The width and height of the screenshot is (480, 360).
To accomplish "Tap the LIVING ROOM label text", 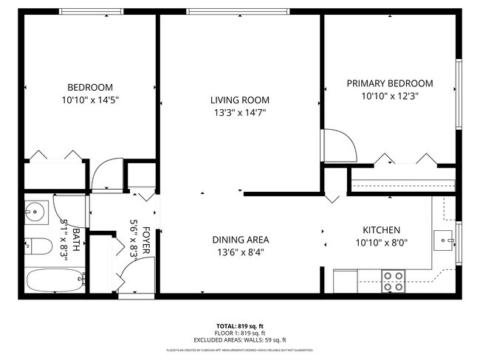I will coord(239,100).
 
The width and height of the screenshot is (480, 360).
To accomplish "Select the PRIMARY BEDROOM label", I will coord(390,83).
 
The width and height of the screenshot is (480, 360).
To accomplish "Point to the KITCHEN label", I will coord(381,230).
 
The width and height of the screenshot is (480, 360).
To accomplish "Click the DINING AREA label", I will coord(240,240).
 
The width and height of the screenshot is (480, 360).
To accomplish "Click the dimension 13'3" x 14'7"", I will coord(239,113).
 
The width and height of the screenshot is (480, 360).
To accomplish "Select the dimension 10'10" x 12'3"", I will coord(390,96).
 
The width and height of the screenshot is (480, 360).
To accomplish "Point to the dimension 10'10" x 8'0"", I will coord(381,243).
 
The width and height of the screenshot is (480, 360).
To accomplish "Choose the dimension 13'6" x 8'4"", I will coord(240,252).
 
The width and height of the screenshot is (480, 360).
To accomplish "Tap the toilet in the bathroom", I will coord(37,245).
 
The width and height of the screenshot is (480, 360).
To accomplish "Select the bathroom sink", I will coord(35,212).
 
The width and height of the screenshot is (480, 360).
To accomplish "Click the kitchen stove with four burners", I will coord(393,280).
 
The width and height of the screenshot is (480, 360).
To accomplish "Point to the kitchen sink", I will coord(445,238).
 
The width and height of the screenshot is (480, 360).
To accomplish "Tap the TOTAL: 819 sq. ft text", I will coord(239,325).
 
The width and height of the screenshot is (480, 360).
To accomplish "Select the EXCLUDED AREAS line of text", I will coord(239,340).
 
